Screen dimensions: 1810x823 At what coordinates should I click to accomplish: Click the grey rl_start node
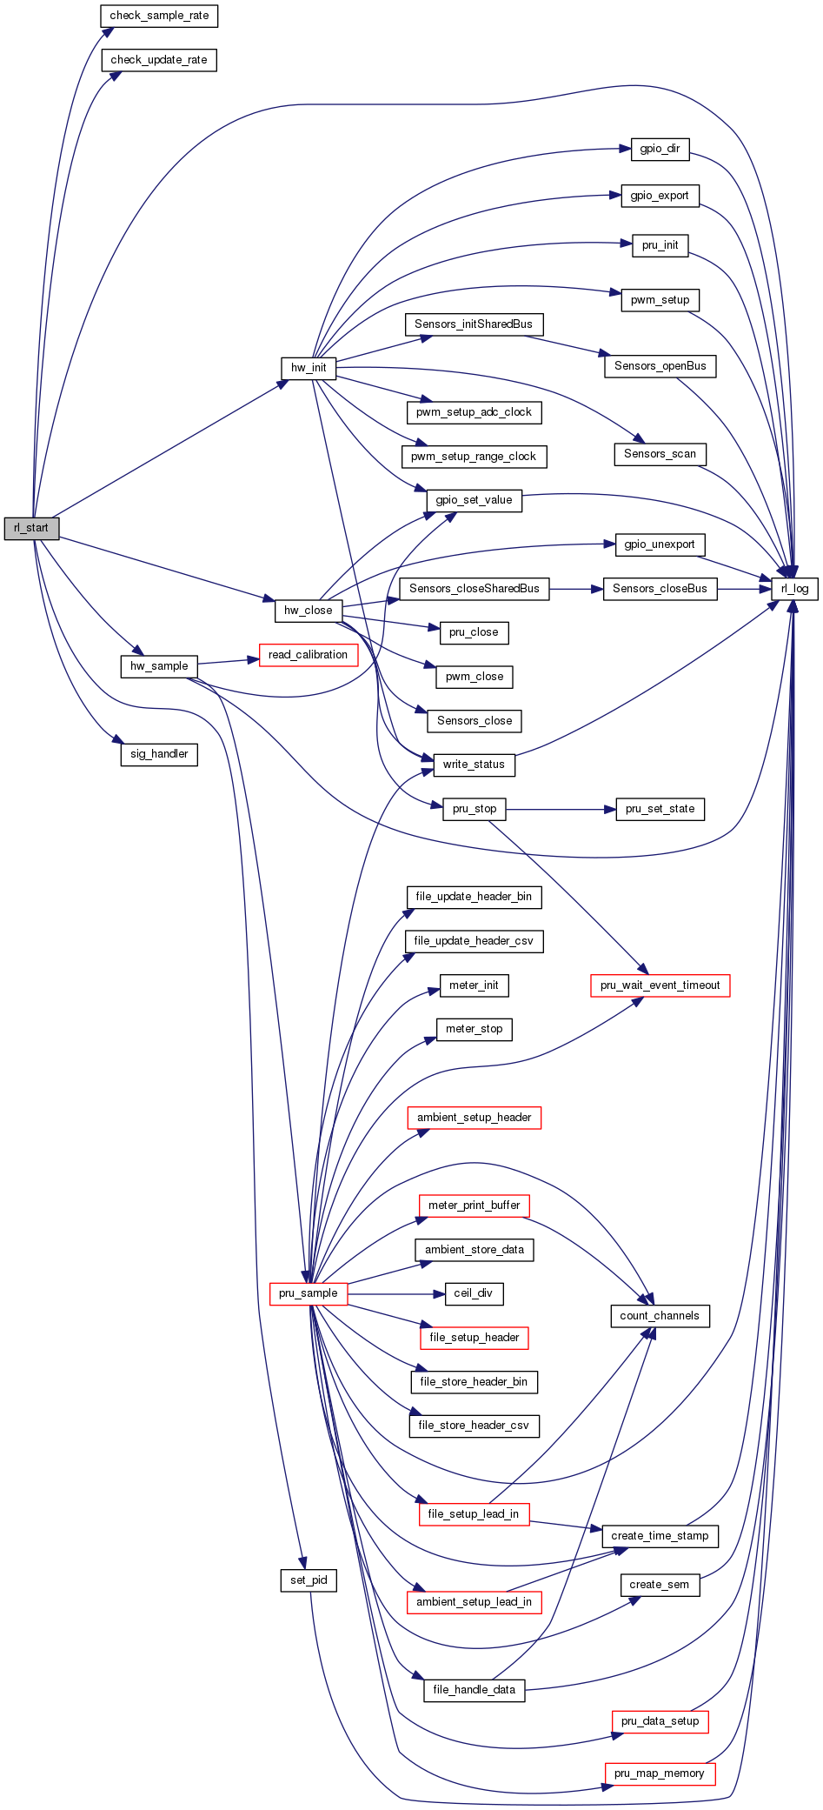(31, 528)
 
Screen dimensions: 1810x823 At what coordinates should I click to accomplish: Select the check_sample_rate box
(159, 16)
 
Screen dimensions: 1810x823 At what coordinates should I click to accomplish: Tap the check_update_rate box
(159, 60)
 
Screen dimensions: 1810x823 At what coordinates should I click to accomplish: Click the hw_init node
(309, 368)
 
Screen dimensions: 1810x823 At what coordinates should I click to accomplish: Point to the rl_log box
(794, 589)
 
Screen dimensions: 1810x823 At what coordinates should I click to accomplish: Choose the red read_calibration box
(308, 655)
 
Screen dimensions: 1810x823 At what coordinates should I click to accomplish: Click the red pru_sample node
(308, 1293)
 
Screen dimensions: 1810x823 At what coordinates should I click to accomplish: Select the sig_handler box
(159, 754)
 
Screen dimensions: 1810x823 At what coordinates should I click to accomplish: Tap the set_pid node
(309, 1580)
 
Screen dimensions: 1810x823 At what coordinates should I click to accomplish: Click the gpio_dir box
(660, 149)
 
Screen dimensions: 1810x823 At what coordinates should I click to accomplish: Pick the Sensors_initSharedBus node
(474, 324)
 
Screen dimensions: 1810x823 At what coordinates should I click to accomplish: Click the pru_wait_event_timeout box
(660, 985)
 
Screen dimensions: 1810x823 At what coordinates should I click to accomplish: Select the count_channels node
(660, 1316)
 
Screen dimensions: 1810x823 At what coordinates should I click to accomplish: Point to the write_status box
(474, 765)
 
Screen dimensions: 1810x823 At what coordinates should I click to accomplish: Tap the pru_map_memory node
(660, 1773)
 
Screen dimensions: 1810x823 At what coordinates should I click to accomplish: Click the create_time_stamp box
(660, 1536)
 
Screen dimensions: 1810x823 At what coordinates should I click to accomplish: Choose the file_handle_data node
(474, 1690)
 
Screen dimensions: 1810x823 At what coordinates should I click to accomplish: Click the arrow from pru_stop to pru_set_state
(560, 809)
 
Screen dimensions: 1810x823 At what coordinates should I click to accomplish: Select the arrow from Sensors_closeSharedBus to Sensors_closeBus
(576, 589)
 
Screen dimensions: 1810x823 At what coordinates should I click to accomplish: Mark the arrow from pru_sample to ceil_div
(395, 1293)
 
